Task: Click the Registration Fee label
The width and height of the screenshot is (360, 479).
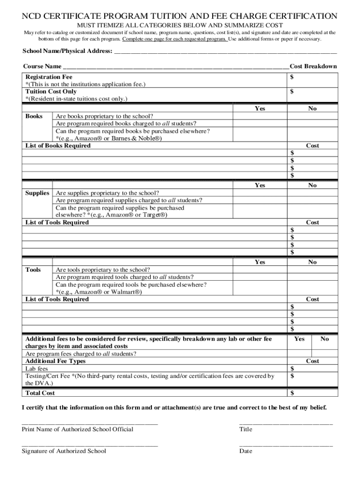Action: point(49,76)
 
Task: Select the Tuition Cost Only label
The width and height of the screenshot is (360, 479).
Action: point(51,91)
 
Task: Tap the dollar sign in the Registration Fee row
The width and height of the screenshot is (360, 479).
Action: point(292,76)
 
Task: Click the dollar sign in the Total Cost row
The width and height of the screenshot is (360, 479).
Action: point(292,393)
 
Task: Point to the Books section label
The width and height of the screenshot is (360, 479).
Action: point(34,116)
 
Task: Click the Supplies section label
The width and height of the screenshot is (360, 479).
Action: point(37,193)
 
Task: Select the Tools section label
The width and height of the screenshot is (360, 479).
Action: point(33,269)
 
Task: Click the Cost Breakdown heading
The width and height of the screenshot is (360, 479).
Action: point(313,66)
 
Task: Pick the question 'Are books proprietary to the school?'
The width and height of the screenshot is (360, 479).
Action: point(104,116)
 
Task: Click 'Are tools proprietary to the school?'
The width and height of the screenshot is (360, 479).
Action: point(103,269)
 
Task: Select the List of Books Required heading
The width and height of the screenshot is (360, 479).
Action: point(58,145)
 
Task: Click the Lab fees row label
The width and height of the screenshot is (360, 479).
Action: point(36,369)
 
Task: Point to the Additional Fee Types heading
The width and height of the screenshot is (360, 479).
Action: point(55,361)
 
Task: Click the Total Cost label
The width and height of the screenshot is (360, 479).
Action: point(40,393)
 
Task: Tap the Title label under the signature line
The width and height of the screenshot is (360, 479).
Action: point(245,429)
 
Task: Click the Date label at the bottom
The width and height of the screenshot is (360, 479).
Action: point(245,451)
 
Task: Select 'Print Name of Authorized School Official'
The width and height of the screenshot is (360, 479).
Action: point(77,429)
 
